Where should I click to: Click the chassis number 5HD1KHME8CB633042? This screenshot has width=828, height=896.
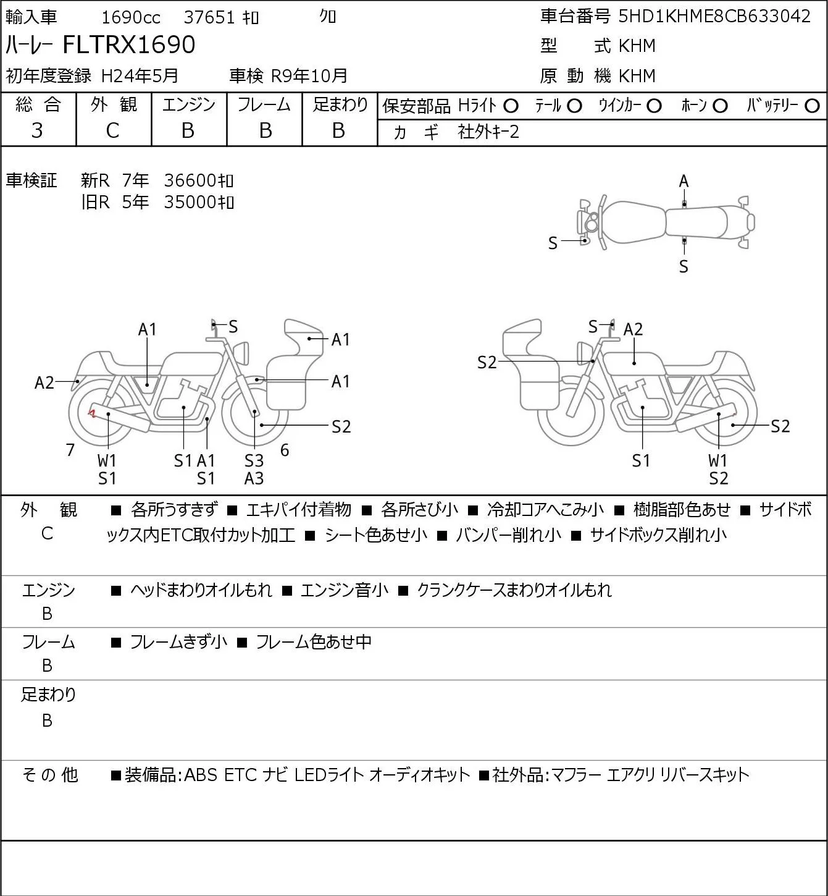point(714,17)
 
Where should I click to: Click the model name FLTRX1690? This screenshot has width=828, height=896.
point(128,44)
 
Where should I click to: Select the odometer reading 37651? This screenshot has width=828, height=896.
point(209,17)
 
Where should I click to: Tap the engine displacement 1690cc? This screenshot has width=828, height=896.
point(131,17)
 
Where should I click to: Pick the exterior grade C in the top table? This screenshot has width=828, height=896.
point(112,131)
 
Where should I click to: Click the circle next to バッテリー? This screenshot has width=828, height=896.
point(812,106)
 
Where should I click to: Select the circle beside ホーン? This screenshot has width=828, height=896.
point(720,106)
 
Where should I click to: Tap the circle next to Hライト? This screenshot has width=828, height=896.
point(511,106)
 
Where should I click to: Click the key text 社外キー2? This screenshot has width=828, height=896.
point(488,132)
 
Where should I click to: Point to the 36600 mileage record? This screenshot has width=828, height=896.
point(198,180)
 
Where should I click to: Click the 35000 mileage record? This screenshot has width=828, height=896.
point(198,202)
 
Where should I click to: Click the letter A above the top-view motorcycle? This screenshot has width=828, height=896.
point(684,182)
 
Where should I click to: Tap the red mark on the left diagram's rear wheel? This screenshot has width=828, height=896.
point(93,413)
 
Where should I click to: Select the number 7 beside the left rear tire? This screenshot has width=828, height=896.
point(70,450)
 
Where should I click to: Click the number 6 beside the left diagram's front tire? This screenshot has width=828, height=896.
point(285,450)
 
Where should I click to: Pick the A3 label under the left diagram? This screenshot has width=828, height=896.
point(254,478)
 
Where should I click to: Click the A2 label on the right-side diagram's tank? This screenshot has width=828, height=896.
point(633,329)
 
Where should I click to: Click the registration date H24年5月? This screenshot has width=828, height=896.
point(140,76)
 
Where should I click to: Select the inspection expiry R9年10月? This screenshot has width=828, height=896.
point(309,76)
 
